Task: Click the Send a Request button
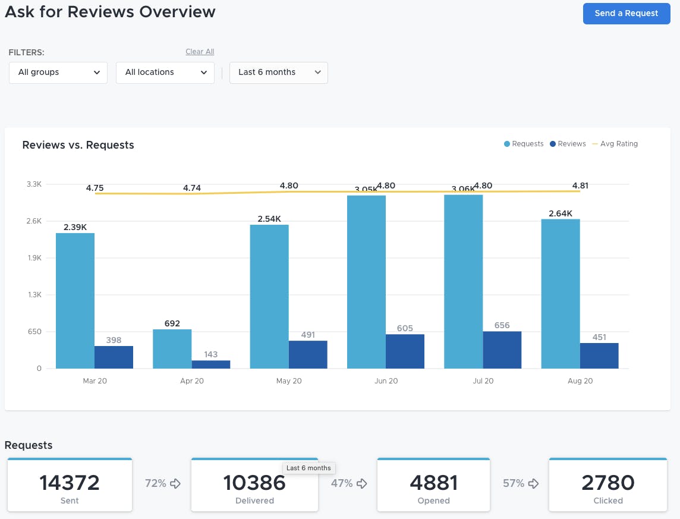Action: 627,13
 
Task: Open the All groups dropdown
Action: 58,73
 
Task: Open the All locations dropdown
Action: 165,73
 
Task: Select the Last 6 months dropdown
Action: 278,73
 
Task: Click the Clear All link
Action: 200,52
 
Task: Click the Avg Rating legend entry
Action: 618,144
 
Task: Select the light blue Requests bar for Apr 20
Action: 172,349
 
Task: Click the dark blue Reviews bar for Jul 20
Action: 502,350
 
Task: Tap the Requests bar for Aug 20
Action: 561,294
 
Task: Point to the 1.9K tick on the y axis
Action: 34,258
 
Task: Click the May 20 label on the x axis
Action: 289,381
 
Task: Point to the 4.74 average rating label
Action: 192,188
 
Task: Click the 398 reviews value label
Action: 114,340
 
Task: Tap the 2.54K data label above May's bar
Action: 269,219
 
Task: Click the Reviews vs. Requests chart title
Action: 78,145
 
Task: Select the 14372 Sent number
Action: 70,483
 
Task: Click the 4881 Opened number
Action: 433,483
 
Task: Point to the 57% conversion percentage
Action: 514,483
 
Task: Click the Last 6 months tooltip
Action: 308,468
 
